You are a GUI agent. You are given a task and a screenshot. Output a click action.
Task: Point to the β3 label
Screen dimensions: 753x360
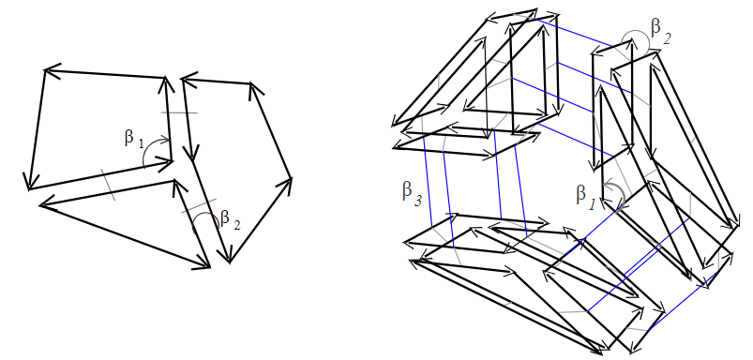(412, 193)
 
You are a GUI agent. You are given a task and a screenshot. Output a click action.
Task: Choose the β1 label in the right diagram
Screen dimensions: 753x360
(586, 196)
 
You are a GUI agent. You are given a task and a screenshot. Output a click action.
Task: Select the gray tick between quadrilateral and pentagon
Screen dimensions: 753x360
(179, 112)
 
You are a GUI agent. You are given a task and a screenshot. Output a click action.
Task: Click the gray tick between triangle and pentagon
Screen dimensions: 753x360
(199, 205)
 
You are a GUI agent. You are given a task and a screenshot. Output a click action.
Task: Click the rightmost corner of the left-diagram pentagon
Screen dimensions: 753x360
(292, 178)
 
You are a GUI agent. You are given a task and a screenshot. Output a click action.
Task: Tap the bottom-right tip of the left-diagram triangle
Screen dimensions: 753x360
(209, 267)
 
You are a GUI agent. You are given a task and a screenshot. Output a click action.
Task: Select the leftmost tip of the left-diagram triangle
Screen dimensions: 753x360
(40, 205)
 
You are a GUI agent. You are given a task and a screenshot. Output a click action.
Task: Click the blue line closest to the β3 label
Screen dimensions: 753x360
(428, 182)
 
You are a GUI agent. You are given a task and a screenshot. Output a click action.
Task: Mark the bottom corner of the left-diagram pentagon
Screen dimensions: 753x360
(229, 262)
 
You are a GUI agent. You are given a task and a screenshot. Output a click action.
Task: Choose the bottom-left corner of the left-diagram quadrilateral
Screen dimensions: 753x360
(29, 189)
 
